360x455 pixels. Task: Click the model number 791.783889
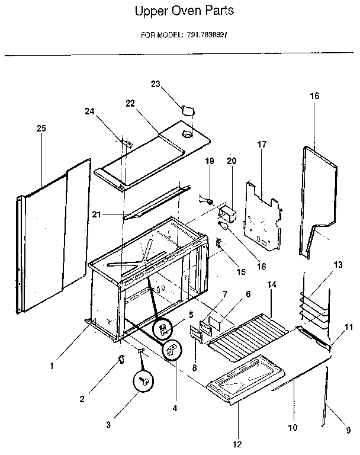point(203,34)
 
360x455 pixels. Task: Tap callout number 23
point(156,84)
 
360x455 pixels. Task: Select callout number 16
point(314,95)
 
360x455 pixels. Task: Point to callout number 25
point(41,128)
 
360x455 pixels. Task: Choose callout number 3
point(108,424)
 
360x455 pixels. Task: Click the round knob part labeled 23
point(188,110)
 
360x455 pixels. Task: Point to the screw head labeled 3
point(143,382)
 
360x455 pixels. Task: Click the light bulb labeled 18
point(223,225)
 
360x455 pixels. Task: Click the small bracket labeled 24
point(127,142)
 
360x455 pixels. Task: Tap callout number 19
point(209,161)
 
